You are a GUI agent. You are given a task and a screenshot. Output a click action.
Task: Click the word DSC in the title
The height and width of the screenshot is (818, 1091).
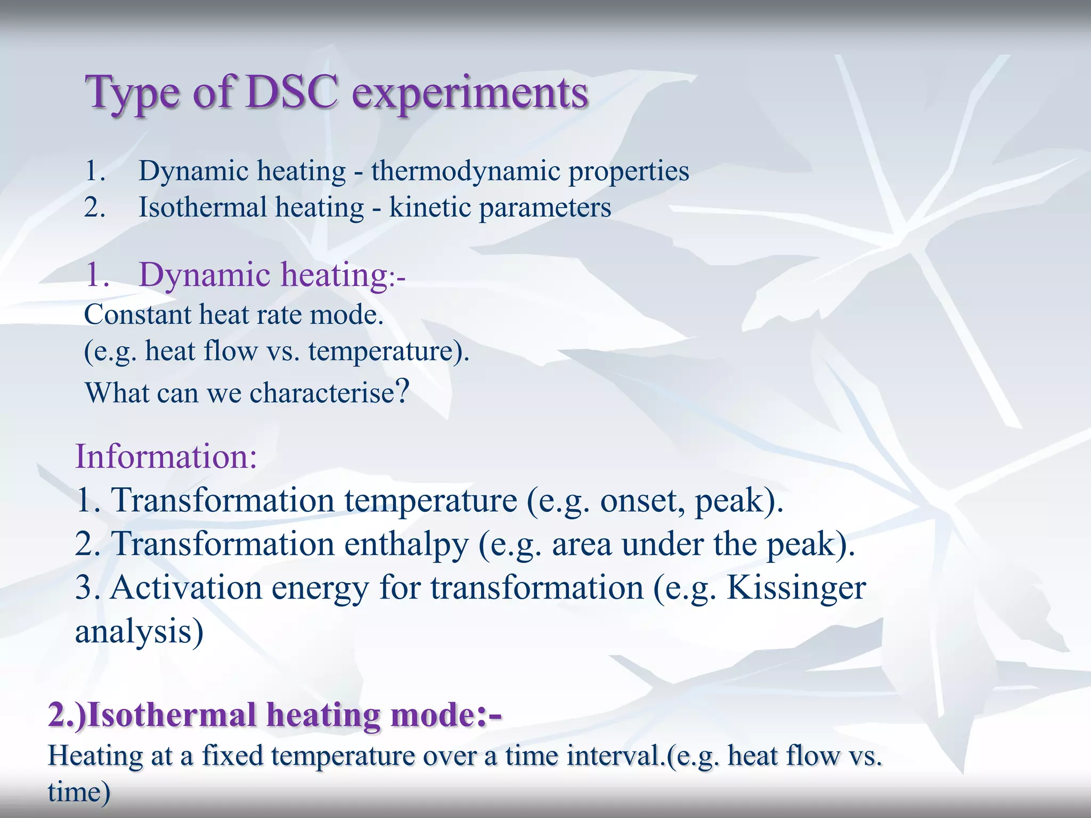[x=292, y=92]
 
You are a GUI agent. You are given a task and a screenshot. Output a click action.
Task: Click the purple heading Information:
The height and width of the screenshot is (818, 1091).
[x=166, y=456]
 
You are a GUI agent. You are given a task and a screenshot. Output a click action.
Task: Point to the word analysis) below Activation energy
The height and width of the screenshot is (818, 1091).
[x=139, y=632]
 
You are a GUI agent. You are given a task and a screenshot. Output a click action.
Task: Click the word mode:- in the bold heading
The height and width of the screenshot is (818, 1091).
[x=446, y=715]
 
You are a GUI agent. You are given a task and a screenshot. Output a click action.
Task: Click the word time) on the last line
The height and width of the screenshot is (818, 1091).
[x=79, y=792]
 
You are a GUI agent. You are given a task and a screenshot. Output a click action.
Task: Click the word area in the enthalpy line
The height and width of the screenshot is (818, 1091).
[x=581, y=544]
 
